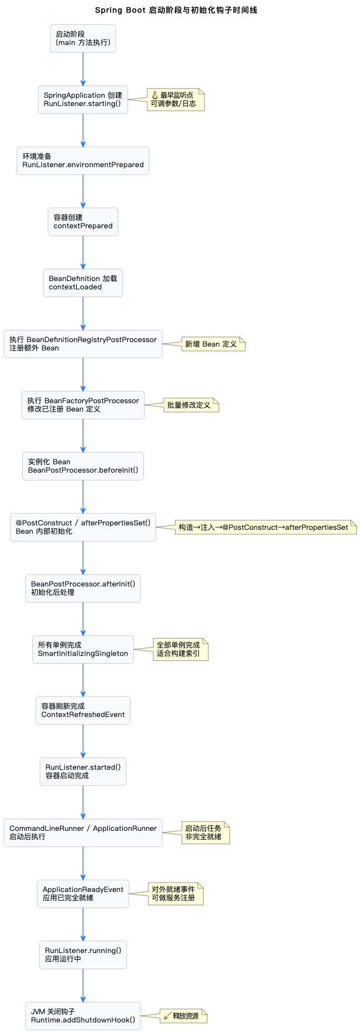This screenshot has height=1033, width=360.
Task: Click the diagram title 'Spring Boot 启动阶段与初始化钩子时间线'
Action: click(x=176, y=10)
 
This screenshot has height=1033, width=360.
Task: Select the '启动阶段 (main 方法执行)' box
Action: click(x=83, y=38)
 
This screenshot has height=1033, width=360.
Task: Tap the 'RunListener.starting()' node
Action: click(x=83, y=99)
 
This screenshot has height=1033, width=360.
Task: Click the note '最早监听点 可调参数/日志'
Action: click(x=176, y=99)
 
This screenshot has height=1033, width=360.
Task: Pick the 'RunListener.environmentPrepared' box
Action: click(x=83, y=161)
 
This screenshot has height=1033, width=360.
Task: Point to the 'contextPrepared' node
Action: click(x=83, y=222)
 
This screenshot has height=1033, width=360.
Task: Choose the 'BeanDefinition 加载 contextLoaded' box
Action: click(x=83, y=283)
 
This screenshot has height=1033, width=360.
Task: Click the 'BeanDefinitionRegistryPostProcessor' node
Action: click(x=83, y=344)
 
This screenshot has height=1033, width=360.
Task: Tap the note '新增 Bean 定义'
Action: click(x=213, y=344)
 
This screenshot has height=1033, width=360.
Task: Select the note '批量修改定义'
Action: click(x=191, y=405)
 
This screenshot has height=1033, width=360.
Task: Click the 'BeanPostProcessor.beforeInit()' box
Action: click(x=83, y=466)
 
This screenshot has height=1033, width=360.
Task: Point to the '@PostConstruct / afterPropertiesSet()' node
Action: click(x=83, y=527)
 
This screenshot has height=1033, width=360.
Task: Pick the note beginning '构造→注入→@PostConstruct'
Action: click(x=266, y=528)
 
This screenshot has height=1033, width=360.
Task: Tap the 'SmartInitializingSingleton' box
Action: click(x=83, y=649)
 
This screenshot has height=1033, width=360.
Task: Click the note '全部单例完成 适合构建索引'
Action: click(x=181, y=649)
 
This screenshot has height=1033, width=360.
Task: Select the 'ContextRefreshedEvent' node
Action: click(x=83, y=710)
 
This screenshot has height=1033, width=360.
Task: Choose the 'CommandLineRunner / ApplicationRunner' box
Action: click(x=83, y=833)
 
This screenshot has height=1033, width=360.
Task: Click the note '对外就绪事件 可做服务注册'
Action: click(x=176, y=894)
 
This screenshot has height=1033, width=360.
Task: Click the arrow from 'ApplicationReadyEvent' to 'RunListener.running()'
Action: click(x=83, y=924)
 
